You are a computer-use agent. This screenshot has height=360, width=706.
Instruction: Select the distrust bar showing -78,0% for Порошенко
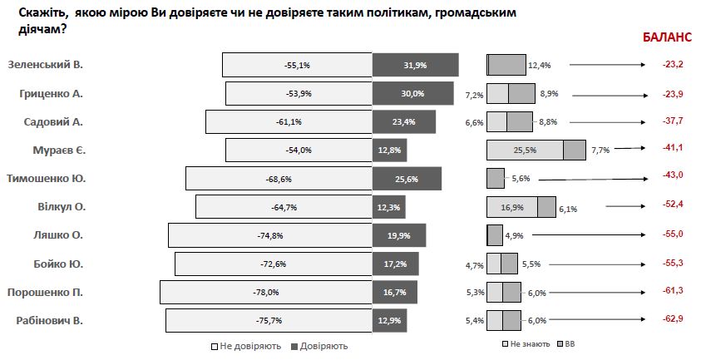pyautogui.click(x=266, y=292)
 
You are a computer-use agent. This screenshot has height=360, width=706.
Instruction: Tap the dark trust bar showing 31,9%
pyautogui.click(x=415, y=66)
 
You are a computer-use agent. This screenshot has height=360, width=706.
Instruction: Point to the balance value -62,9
pyautogui.click(x=671, y=320)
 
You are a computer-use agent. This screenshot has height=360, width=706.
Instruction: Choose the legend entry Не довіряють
pyautogui.click(x=246, y=346)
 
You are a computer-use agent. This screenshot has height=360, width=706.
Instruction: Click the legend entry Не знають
pyautogui.click(x=528, y=343)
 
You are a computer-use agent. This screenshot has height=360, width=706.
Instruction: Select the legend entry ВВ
pyautogui.click(x=569, y=343)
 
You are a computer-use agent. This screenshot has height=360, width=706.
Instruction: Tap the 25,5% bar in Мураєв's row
pyautogui.click(x=525, y=150)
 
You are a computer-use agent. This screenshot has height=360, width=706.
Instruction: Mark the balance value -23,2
pyautogui.click(x=671, y=65)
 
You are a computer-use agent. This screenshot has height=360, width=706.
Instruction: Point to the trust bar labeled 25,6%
pyautogui.click(x=407, y=179)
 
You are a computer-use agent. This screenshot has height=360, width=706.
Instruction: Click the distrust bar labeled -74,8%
pyautogui.click(x=270, y=235)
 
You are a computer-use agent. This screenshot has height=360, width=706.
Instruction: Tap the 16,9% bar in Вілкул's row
pyautogui.click(x=511, y=207)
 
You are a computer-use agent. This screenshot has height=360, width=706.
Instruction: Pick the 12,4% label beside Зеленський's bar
pyautogui.click(x=539, y=65)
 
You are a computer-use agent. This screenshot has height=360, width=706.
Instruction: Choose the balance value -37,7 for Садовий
pyautogui.click(x=671, y=121)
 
